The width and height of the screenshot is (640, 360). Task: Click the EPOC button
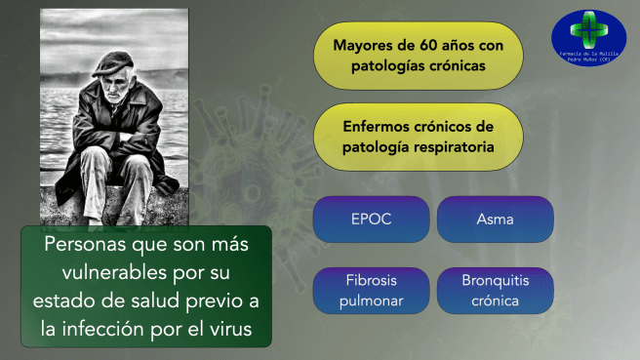[371, 220]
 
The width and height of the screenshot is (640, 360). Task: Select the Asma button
[495, 220]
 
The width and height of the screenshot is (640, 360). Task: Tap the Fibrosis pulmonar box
[371, 291]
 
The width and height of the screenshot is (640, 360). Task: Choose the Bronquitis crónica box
[495, 291]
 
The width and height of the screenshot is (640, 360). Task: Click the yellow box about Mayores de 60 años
[417, 56]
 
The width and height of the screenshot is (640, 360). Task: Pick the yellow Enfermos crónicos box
[417, 138]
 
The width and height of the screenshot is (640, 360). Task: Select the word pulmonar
[371, 300]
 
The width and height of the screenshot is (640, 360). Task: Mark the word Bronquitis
[495, 281]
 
